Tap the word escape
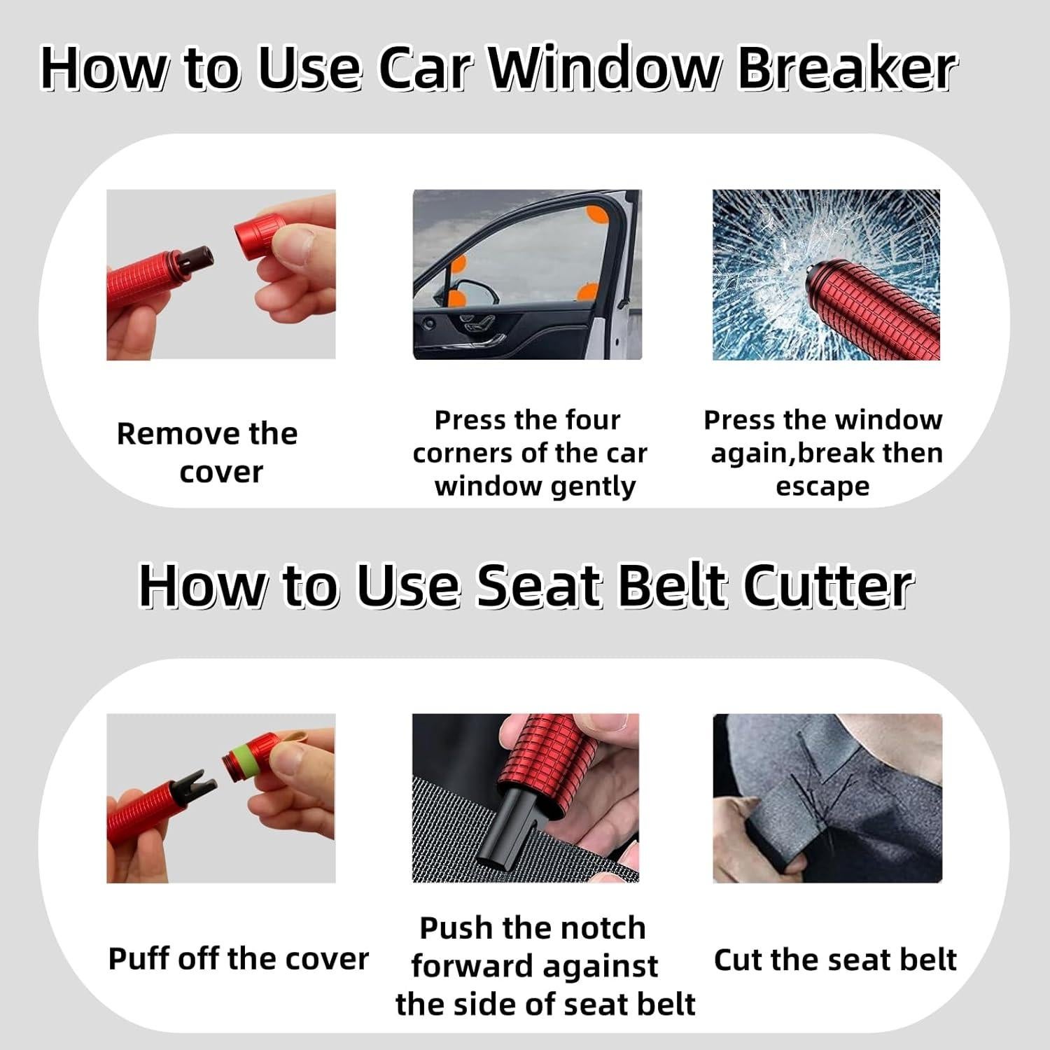(x=822, y=487)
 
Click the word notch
(x=602, y=928)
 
